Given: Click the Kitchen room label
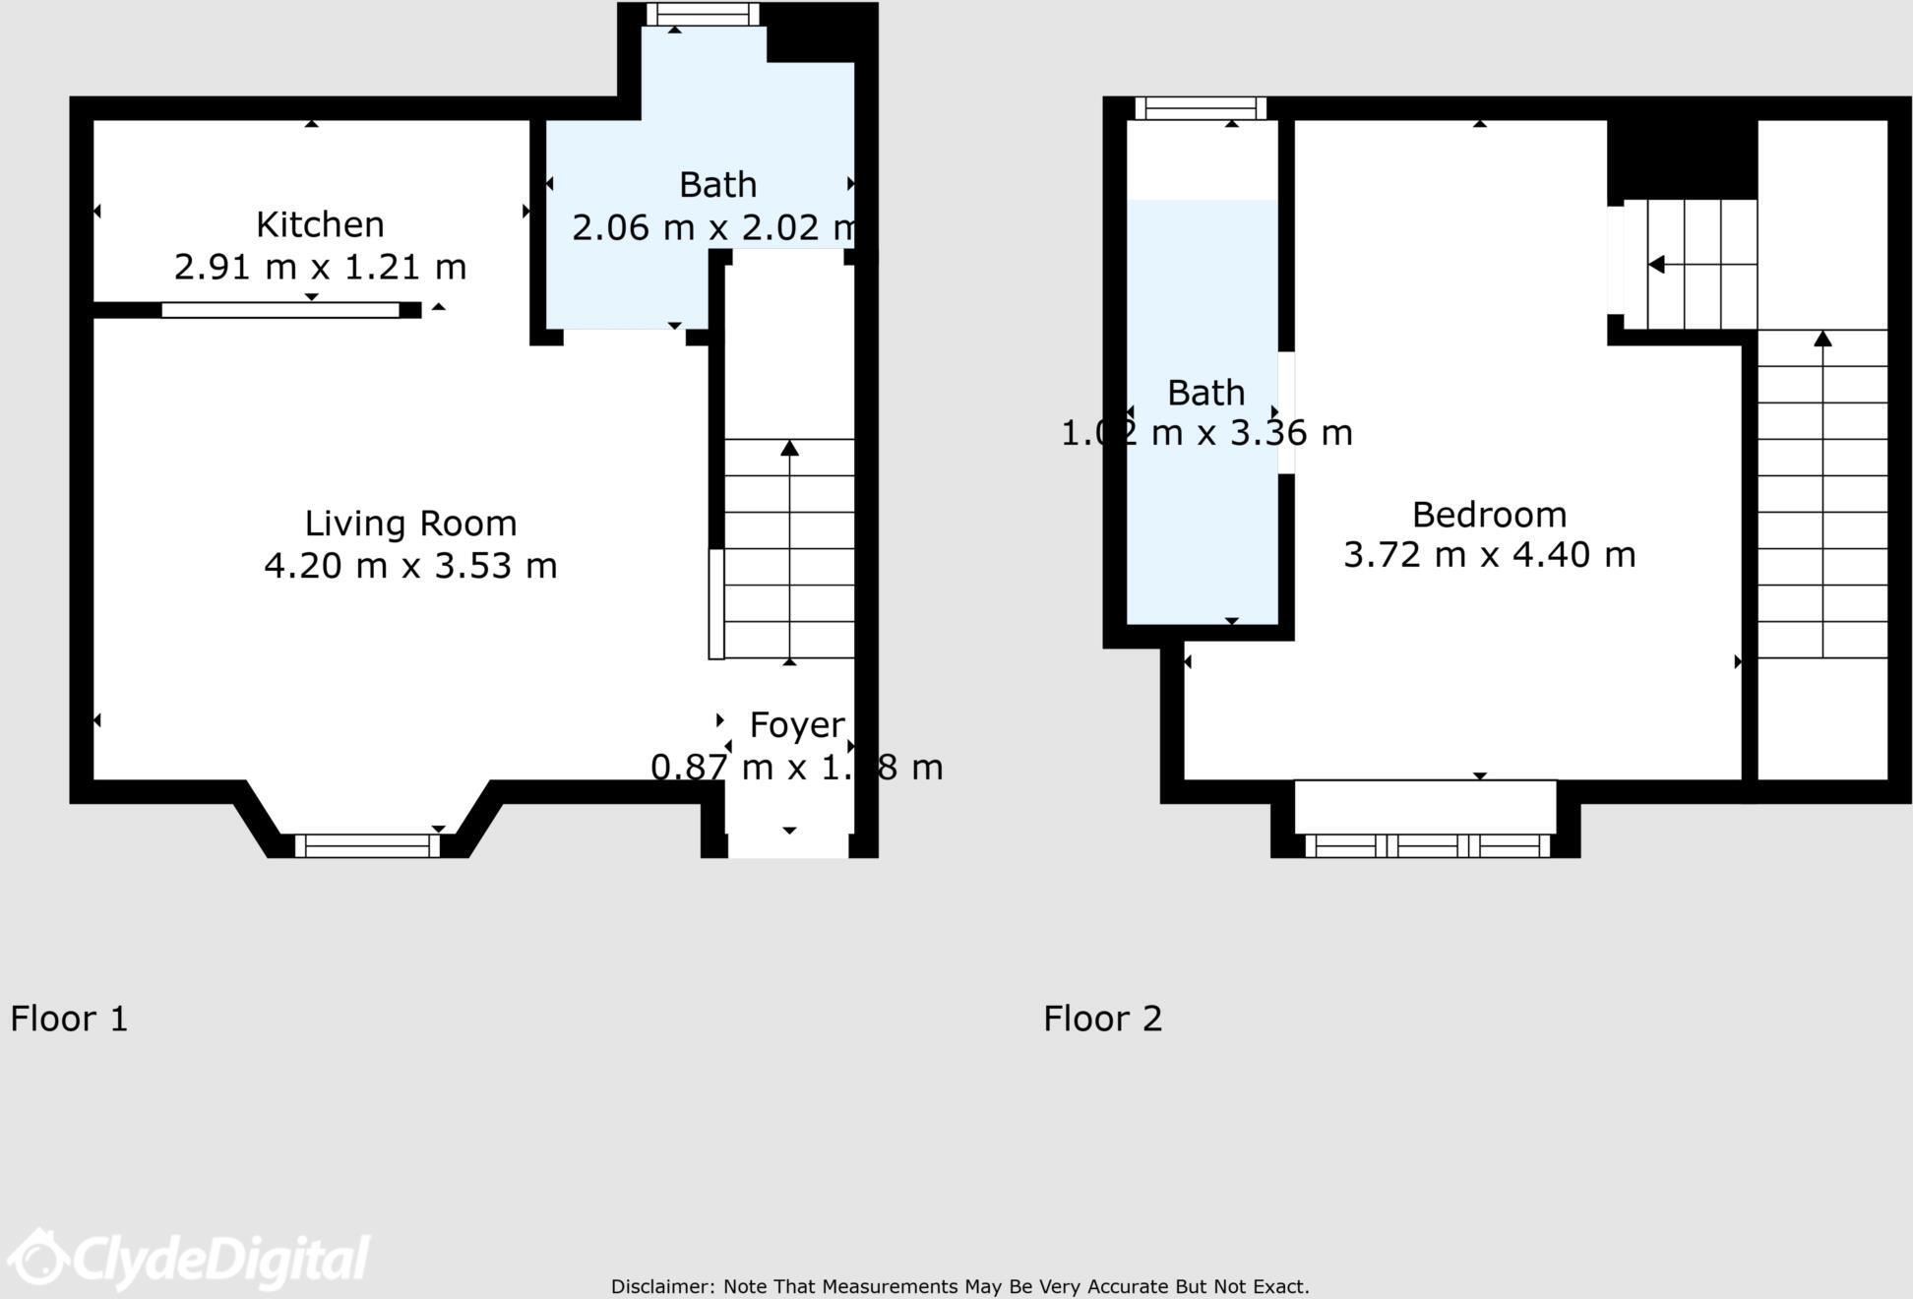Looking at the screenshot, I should coord(320,225).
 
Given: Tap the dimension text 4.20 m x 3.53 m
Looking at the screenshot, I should coord(410,566).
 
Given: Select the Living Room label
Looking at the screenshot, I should coord(410,524).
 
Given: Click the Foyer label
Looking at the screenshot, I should coord(796,725).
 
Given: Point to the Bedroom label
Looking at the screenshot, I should coord(1489,515).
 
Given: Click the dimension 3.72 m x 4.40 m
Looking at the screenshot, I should coord(1489,555).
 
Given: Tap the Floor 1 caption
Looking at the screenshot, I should coord(69,1019).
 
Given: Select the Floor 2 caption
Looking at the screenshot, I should coord(1102,1019).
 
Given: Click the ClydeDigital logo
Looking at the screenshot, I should coord(187,1259).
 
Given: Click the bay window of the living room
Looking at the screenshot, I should coord(367,845).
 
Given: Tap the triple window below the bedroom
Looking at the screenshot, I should coord(1427,845).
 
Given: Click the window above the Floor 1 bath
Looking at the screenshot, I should coord(703,14).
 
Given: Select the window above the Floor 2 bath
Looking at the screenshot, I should coord(1201,108).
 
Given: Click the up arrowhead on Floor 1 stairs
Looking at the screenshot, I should coord(789,449).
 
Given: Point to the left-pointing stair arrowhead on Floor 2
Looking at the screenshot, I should coord(1656,265).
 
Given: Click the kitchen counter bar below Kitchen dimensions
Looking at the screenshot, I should coord(280,310).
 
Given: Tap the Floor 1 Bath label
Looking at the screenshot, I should coord(717,185).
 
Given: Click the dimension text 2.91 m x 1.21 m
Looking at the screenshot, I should coord(320,267).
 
